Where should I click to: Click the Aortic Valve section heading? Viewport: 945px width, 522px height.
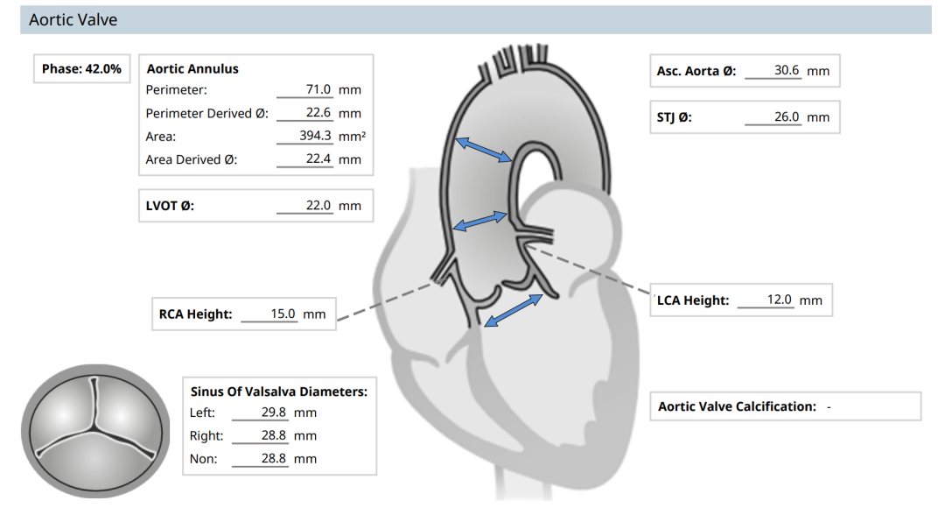[73, 20]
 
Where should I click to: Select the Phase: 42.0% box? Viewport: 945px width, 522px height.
[81, 69]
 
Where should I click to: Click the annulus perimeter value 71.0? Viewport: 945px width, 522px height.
[318, 89]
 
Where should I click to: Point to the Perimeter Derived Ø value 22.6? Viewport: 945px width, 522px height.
[318, 113]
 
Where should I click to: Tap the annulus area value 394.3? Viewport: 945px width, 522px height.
[315, 136]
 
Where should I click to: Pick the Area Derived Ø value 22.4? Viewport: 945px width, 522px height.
[318, 159]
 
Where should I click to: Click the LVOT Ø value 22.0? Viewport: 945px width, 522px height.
[318, 205]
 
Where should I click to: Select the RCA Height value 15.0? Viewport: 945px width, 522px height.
[283, 314]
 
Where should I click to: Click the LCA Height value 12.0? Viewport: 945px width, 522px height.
[780, 300]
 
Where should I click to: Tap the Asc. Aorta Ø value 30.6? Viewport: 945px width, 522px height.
[787, 70]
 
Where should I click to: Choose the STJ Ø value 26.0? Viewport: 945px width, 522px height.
[787, 116]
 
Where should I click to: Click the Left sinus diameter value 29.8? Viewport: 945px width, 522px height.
[274, 413]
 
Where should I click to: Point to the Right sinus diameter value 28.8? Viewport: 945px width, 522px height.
[274, 435]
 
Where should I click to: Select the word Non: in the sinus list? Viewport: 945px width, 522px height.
[203, 459]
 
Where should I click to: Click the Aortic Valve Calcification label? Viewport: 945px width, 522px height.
[737, 406]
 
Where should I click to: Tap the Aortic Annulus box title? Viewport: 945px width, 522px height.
[192, 69]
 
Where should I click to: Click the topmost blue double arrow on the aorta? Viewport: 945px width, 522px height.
[483, 150]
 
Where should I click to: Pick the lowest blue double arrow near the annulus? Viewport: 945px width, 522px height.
[514, 310]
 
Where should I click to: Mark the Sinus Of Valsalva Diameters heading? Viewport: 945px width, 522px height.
[279, 391]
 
